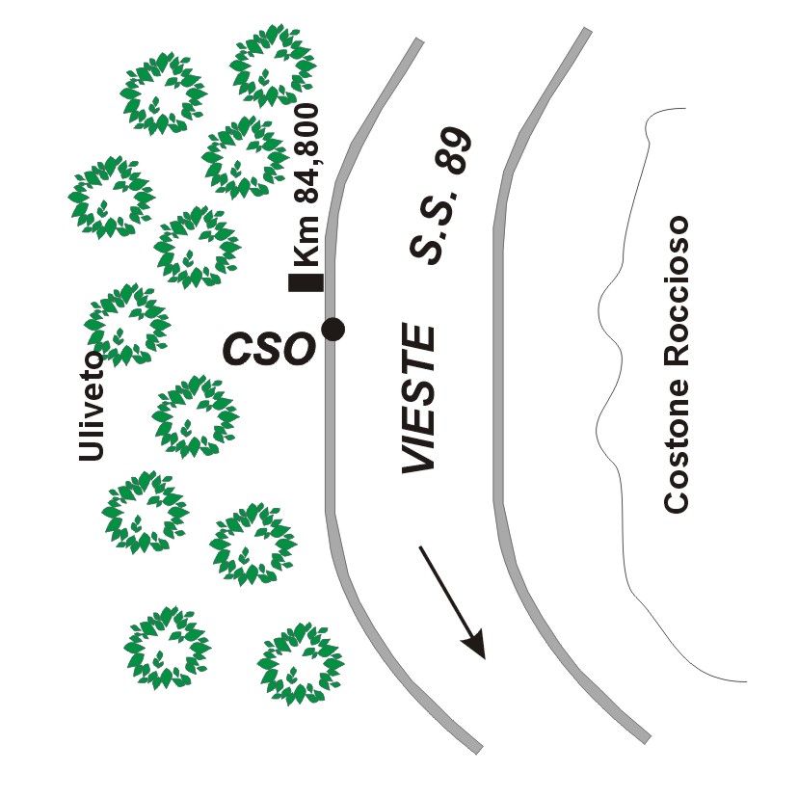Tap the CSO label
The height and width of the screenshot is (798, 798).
point(269,348)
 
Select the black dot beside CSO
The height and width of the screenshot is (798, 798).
point(332,329)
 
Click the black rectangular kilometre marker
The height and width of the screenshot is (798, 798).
point(306,282)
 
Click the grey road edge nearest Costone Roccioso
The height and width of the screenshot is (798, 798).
point(498,386)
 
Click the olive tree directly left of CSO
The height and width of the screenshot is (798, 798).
point(127,325)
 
